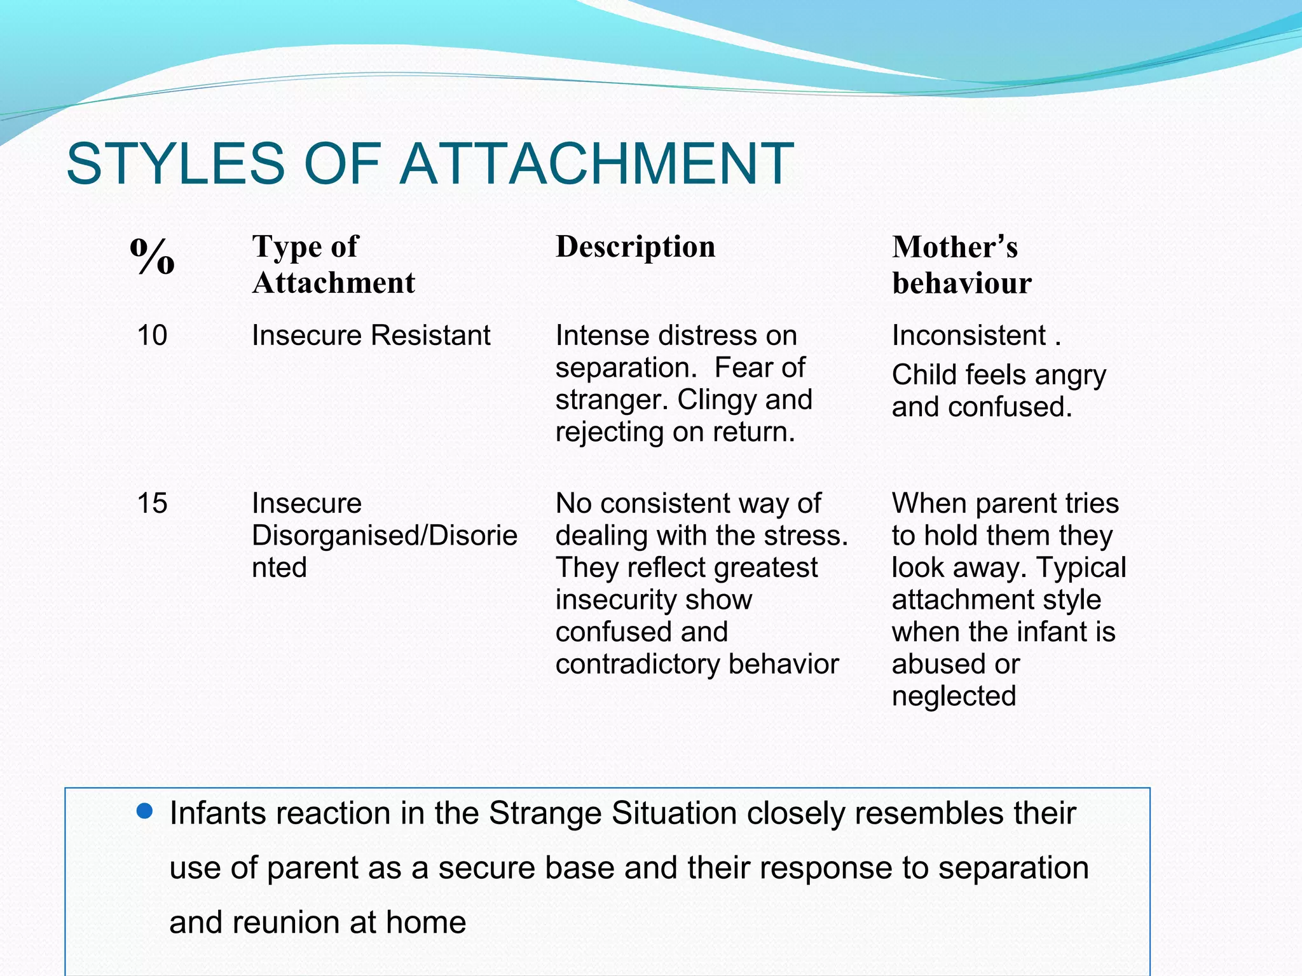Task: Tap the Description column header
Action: (x=635, y=247)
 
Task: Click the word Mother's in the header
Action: (x=954, y=247)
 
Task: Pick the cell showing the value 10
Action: (x=152, y=335)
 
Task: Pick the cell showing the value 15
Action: (x=152, y=503)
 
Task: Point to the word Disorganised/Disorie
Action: (x=384, y=536)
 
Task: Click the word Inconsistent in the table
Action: (x=968, y=335)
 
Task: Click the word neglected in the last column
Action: (x=954, y=696)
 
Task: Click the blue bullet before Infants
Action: (x=145, y=811)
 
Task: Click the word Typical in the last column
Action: (x=1081, y=567)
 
